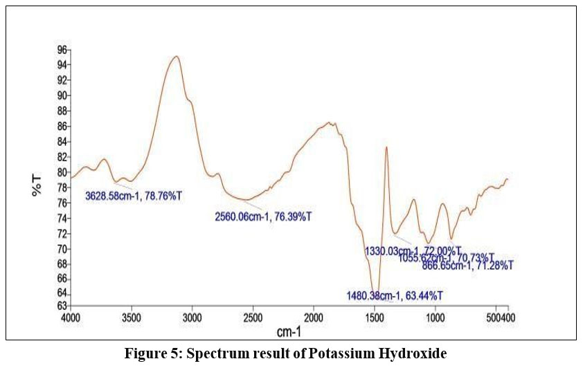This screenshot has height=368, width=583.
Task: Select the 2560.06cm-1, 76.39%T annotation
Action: coord(264,217)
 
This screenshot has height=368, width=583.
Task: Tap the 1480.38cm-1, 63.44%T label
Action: coord(395,296)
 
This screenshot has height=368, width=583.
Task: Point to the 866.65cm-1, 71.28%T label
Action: coord(467,265)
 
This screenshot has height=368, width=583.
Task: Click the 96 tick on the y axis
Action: coord(62,50)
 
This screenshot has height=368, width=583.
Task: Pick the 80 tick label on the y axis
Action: coord(62,172)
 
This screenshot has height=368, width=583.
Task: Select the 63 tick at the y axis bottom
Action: coord(62,305)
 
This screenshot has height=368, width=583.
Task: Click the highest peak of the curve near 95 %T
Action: coord(177,57)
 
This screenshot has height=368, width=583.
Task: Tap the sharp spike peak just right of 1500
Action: coord(386,147)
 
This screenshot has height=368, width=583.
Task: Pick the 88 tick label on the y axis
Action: coord(62,111)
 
